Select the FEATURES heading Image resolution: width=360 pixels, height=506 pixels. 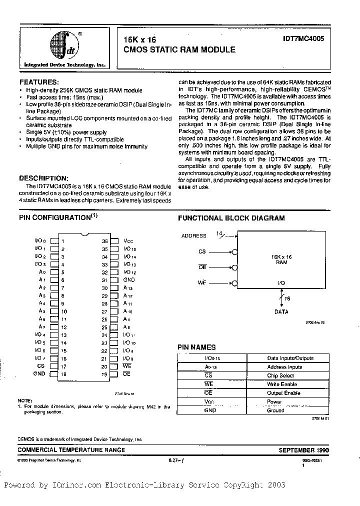[38, 82]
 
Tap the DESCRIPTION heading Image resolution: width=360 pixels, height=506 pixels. [43, 178]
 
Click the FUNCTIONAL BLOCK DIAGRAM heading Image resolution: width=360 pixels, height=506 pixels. [231, 218]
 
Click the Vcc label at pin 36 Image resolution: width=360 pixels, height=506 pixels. [128, 240]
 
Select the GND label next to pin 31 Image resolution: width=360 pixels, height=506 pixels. [129, 280]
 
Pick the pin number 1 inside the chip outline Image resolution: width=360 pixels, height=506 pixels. [63, 240]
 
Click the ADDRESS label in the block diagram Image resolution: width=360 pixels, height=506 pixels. [194, 235]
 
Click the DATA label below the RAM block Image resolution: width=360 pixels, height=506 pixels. [281, 311]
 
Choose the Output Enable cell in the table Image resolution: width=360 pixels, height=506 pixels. [283, 393]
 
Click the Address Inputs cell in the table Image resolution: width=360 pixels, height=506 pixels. [284, 366]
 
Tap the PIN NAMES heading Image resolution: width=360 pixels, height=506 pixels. [197, 347]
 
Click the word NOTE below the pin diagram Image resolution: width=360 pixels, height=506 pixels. [24, 400]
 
